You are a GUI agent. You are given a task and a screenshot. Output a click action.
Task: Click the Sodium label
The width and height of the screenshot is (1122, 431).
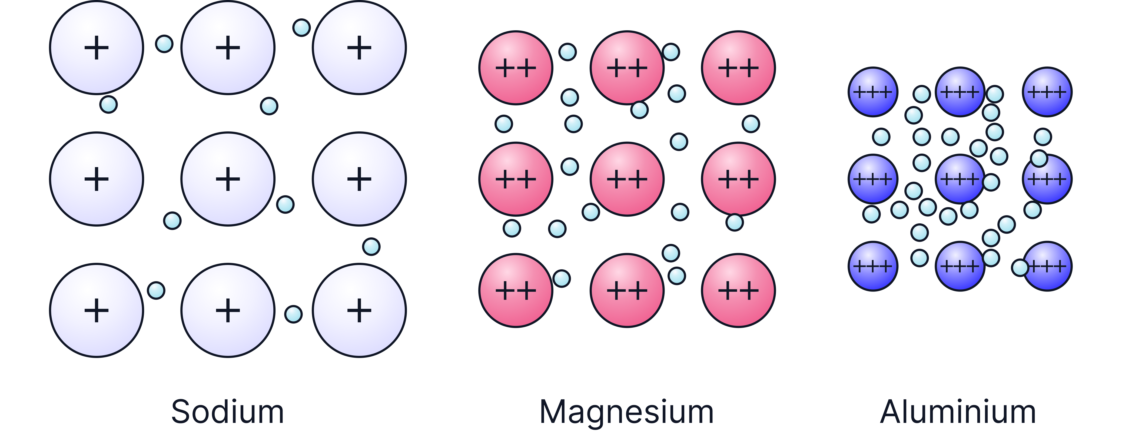coord(227,411)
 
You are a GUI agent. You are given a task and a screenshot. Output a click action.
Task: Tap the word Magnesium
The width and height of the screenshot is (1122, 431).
coord(626,411)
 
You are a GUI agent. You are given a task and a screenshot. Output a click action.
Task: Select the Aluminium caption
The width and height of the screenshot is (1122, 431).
coord(958,411)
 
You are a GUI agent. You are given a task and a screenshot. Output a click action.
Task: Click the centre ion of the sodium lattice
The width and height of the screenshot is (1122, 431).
coord(228,179)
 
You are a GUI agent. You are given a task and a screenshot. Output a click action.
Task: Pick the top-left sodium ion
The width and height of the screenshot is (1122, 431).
coord(96,48)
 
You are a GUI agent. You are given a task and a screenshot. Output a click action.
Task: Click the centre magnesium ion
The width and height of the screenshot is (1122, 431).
coord(627,179)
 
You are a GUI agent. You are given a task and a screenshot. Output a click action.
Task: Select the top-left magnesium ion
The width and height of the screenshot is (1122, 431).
coord(516,68)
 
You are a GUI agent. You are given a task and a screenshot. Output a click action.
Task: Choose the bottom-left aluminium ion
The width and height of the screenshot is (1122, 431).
coord(873,266)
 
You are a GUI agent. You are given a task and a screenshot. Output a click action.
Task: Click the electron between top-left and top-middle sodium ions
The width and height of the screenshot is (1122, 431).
coord(164,44)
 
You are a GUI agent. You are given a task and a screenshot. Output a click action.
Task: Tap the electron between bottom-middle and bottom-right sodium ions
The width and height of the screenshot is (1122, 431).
coord(293,314)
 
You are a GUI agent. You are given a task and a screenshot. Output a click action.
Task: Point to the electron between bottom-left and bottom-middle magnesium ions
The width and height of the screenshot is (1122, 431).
coord(562,279)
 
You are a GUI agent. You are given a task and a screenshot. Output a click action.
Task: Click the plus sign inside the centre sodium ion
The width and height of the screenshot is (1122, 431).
coord(228,179)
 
